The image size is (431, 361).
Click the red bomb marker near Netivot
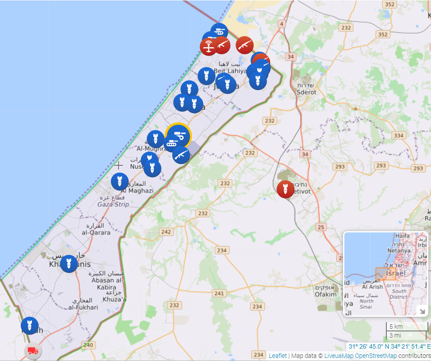(x=286, y=189)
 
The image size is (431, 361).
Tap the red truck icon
(x=33, y=351)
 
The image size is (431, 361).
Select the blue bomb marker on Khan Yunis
(x=69, y=264)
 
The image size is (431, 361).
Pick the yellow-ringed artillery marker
(x=179, y=135)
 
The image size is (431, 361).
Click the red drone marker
(x=209, y=47)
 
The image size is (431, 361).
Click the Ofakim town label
(x=326, y=294)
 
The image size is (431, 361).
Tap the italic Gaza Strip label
(x=113, y=204)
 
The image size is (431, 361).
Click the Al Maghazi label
(x=137, y=190)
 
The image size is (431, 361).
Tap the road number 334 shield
(x=399, y=136)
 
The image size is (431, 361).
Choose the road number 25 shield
(x=321, y=227)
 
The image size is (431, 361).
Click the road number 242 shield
(x=166, y=232)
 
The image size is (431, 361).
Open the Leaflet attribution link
(x=278, y=356)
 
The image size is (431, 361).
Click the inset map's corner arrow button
(x=422, y=311)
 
